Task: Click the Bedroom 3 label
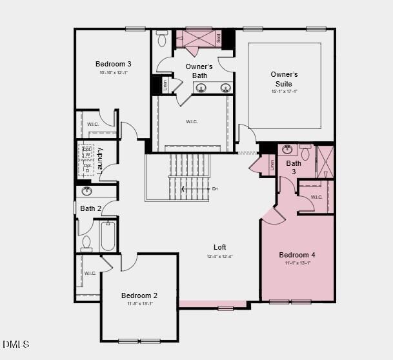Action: coord(114,64)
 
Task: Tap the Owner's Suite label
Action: coord(284,79)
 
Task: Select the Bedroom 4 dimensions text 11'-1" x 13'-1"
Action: coord(297,263)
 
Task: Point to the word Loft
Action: coord(220,247)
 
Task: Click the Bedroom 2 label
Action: coord(139,295)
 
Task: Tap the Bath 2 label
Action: coord(91,208)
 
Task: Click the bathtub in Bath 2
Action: coord(107,237)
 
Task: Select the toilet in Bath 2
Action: coord(86,243)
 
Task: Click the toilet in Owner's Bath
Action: coord(162,39)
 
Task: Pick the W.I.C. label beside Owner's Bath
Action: coord(192,122)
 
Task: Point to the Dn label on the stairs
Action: coord(216,189)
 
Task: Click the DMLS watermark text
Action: coord(16,345)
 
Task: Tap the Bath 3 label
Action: coord(294,168)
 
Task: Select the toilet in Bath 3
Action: coord(305,152)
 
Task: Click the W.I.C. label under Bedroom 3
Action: coord(93,125)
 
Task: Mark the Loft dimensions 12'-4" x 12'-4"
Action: coord(220,257)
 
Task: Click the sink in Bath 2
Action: coord(87,192)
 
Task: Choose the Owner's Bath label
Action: coord(199,71)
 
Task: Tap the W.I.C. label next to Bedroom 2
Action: coord(90,274)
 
